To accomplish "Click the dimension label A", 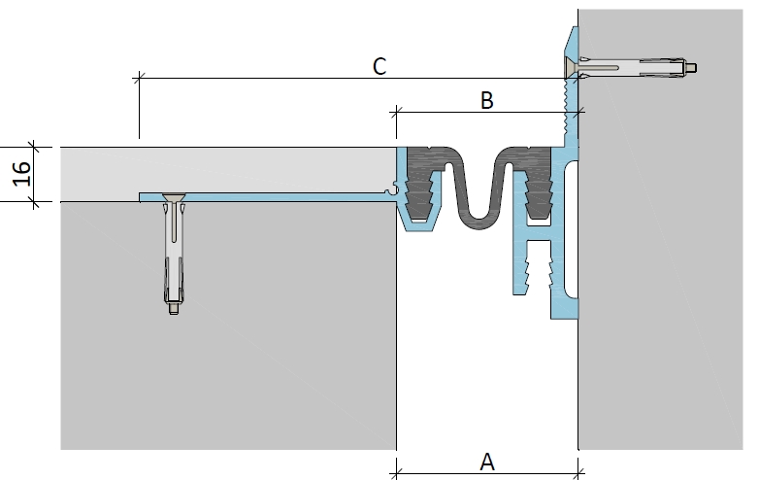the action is point(487,463).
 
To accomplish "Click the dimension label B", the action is point(487,100).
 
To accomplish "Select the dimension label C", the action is point(379,66).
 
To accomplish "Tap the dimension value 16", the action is point(21,174).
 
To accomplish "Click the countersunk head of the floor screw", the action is point(174,197).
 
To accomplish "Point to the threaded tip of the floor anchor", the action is point(174,309).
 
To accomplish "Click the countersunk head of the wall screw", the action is point(572,67).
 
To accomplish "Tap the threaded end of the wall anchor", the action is point(691,67).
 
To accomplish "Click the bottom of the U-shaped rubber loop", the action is point(479,223).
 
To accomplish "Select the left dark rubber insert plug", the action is point(420,183).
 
